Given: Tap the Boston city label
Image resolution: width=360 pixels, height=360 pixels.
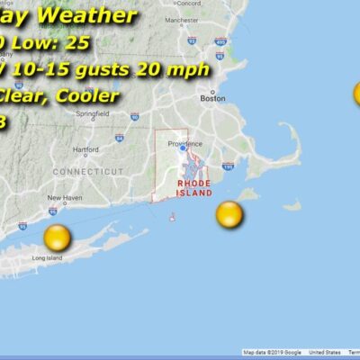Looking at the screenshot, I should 213,99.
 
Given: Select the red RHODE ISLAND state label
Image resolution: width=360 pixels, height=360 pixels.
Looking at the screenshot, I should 194,187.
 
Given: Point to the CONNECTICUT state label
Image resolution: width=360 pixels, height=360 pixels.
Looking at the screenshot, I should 88,170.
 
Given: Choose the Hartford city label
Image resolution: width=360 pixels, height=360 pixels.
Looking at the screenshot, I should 86,149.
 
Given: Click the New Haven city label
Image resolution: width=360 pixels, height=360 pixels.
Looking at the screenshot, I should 64,198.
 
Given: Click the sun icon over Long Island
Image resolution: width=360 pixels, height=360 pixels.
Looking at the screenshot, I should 57,238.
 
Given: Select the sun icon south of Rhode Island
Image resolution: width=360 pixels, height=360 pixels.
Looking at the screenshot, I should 229,214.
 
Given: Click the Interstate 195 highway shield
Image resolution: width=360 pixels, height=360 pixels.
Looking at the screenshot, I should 227,166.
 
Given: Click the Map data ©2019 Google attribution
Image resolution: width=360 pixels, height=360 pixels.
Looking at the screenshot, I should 272,353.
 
